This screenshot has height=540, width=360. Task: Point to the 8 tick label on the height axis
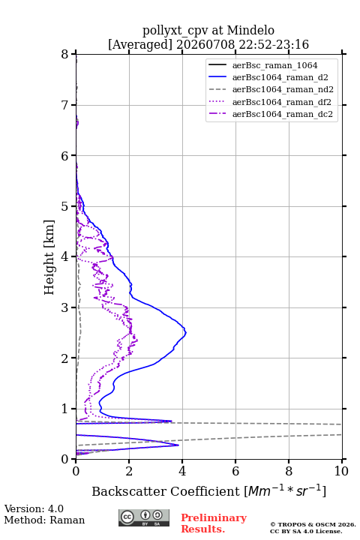(x=65, y=55)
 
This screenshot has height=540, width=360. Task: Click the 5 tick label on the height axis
(x=65, y=207)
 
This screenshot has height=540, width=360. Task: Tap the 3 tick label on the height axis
(x=65, y=307)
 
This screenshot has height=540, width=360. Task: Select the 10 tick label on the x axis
(x=341, y=471)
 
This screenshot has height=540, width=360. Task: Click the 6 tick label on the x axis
(x=235, y=471)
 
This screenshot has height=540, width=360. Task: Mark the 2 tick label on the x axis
(x=129, y=471)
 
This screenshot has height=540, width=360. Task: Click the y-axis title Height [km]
(x=49, y=257)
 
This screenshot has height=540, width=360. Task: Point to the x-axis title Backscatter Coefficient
(x=166, y=491)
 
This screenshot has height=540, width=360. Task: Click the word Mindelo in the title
(x=250, y=30)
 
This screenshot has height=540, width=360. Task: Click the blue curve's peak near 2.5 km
(x=186, y=333)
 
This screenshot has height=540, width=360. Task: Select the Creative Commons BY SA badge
(x=144, y=517)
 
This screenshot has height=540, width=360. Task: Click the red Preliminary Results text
(x=214, y=523)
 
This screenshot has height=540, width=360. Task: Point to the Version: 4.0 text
(x=34, y=508)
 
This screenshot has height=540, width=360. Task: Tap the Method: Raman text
(x=44, y=520)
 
